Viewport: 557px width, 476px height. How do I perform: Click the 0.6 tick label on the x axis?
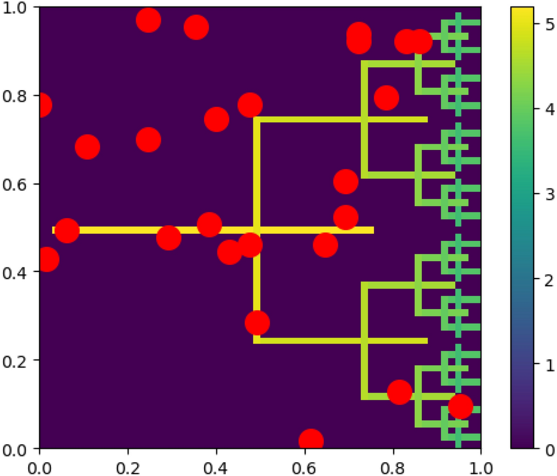(x=305, y=464)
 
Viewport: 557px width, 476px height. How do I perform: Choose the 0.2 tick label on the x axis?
(x=128, y=464)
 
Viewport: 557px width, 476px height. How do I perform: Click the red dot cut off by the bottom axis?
(x=311, y=441)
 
